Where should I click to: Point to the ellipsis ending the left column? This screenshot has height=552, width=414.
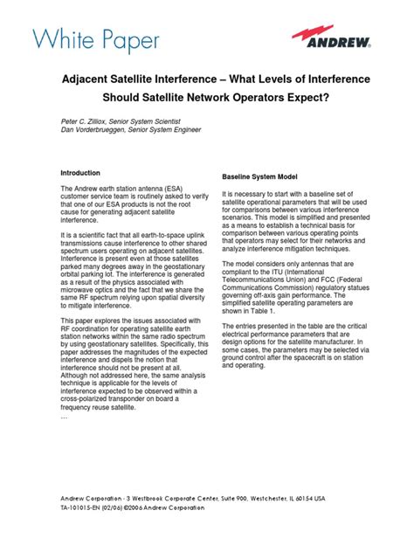pos(63,417)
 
